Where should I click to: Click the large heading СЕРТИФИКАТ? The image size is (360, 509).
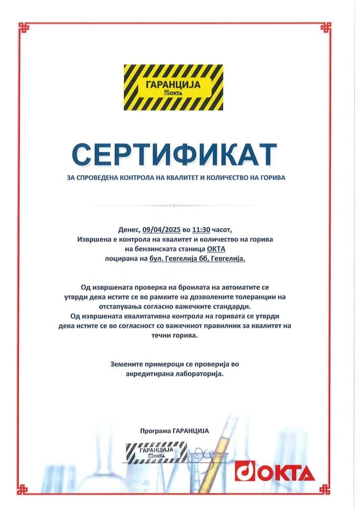tap(174, 154)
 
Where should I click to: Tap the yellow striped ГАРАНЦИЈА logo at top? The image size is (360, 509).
tap(174, 87)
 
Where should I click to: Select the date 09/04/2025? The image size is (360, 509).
tap(161, 230)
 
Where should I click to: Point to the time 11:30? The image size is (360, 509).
tap(202, 230)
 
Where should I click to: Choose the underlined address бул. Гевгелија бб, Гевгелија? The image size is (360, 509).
tap(197, 258)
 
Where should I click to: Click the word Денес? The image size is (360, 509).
tap(129, 230)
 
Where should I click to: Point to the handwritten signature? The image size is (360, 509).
tap(201, 453)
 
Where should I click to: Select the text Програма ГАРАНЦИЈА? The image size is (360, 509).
tap(175, 431)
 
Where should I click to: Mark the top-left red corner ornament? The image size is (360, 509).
tap(24, 28)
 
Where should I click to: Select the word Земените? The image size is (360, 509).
tap(127, 364)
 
